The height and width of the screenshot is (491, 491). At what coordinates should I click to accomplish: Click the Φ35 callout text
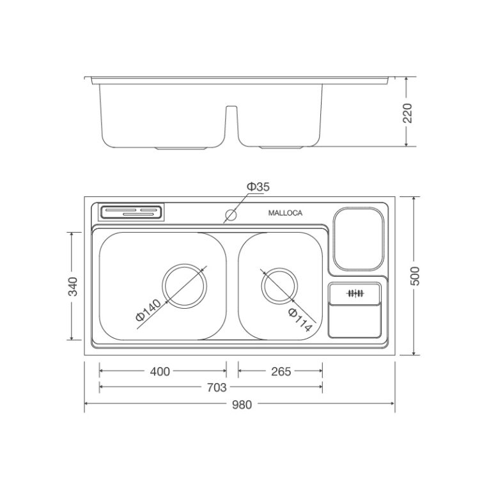point(258,187)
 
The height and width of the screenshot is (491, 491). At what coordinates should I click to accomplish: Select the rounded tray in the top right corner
point(359,238)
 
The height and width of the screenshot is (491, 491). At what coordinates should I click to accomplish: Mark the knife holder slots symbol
point(355,294)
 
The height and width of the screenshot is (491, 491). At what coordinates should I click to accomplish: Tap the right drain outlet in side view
point(283,148)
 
